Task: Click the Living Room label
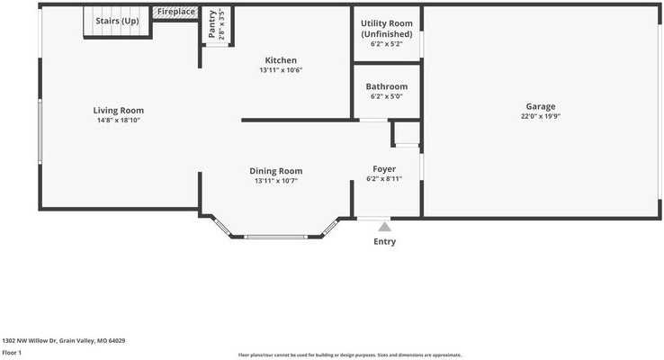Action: [x=119, y=111]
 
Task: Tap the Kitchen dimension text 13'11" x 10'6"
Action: [x=281, y=70]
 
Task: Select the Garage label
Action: [x=541, y=107]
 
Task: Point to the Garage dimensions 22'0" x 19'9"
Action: [x=541, y=116]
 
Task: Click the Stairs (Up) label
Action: [x=117, y=21]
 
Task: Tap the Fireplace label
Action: [x=176, y=12]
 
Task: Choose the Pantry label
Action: [x=212, y=24]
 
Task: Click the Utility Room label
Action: [x=387, y=23]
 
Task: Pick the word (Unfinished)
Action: [x=387, y=34]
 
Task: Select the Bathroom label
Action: [x=387, y=86]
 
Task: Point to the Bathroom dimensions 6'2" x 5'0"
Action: [x=387, y=96]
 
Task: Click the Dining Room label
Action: [x=276, y=171]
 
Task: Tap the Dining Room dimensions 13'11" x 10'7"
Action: [x=276, y=181]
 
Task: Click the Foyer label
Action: [x=384, y=169]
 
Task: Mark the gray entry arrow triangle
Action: [x=384, y=227]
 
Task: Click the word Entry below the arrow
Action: [x=384, y=241]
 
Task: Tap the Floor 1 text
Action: [x=12, y=353]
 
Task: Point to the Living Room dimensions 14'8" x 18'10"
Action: [x=119, y=121]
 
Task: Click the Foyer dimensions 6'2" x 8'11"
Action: [x=384, y=179]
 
